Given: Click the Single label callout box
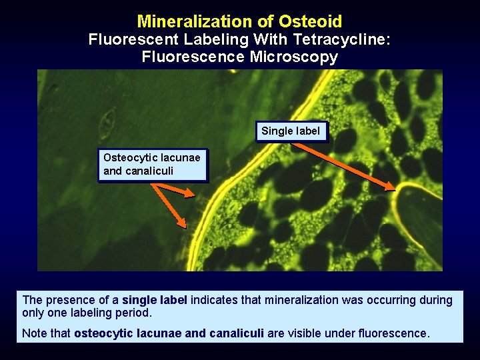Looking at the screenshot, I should point(291,131).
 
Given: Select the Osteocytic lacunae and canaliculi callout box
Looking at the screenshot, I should point(152,165).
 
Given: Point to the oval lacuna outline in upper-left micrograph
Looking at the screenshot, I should point(106,123).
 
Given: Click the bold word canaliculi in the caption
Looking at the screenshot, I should point(237,333).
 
